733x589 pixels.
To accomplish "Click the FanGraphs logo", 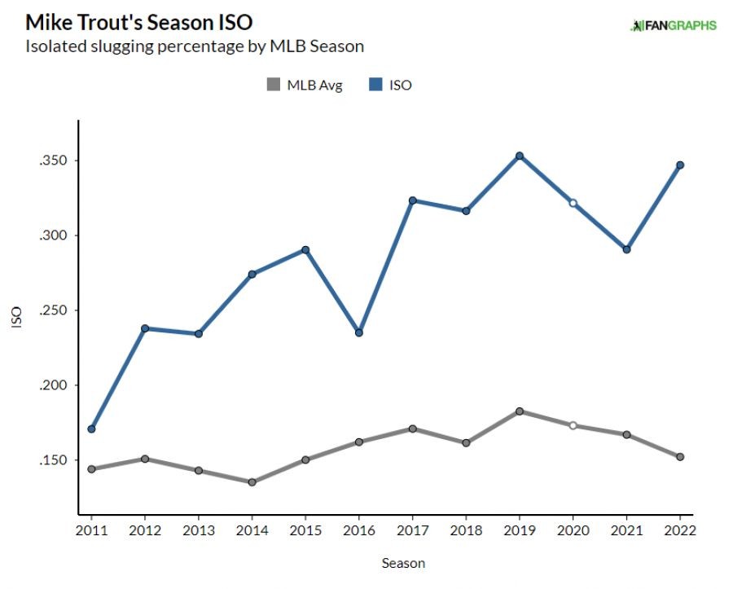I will click(674, 25).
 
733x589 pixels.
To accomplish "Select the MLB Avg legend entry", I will click(305, 85).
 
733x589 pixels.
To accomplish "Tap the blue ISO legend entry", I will click(391, 85).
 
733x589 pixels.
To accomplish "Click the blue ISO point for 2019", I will click(519, 156).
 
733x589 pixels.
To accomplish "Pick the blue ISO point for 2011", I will click(91, 429).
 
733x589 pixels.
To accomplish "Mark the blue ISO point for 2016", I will click(358, 332).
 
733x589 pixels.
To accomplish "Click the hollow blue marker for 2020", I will click(573, 203).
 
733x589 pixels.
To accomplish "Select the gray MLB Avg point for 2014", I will click(252, 482).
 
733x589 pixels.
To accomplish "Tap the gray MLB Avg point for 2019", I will click(519, 411).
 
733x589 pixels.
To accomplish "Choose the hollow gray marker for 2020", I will click(573, 425).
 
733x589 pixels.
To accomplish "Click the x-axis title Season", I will click(403, 563).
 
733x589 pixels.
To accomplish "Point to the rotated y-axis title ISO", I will click(16, 318).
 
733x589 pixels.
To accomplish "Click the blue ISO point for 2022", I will click(679, 165).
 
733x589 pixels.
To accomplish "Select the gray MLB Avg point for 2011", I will click(91, 469).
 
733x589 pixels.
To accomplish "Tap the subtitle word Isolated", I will click(55, 46).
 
